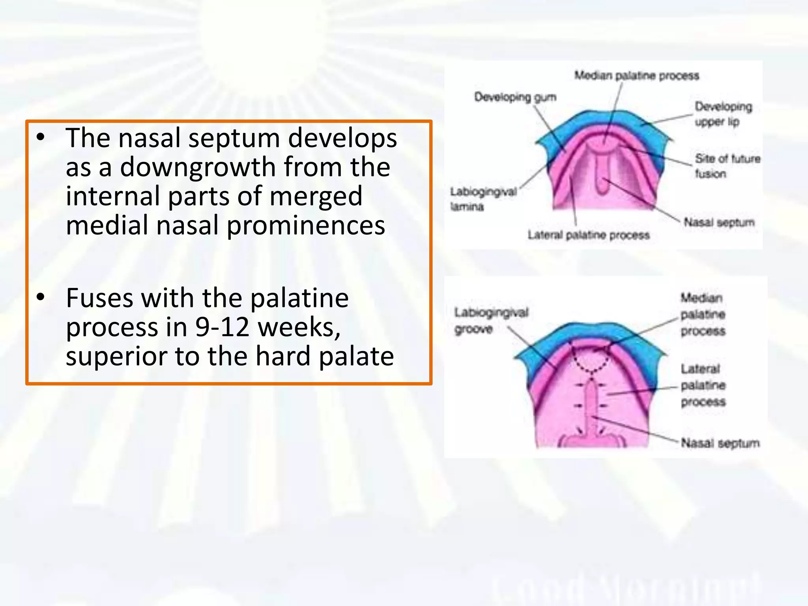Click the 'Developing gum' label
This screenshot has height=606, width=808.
coord(515,97)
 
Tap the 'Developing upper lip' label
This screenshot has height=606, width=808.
coord(723,114)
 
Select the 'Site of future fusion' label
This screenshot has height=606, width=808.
coord(727,166)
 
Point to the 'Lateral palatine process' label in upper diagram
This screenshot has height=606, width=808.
coord(589,236)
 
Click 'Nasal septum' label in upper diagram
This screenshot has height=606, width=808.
coord(719,223)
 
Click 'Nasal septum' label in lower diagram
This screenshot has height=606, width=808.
coord(720,443)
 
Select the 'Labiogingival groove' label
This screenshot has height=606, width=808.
coord(491,320)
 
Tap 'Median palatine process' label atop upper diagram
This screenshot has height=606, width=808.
coord(636,75)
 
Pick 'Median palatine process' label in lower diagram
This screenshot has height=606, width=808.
coord(703,314)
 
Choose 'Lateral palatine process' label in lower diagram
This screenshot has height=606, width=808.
coord(703,385)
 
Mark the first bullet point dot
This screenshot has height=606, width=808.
coord(41,138)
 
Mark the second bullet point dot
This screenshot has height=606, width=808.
coord(41,298)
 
